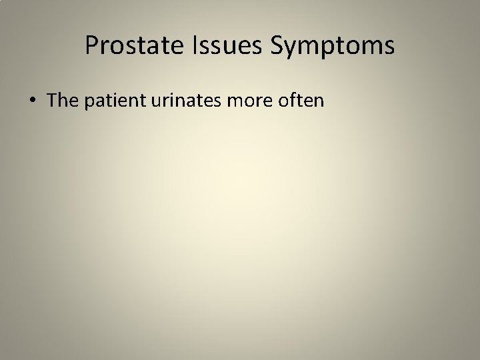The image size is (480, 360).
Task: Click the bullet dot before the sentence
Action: coord(33,101)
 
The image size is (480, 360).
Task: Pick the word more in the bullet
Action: coord(246,101)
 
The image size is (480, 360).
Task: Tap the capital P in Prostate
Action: coord(92,46)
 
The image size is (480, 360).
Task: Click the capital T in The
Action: coord(52,101)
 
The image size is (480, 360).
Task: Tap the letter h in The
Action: coord(61,101)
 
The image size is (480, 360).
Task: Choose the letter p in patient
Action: coord(86,103)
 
